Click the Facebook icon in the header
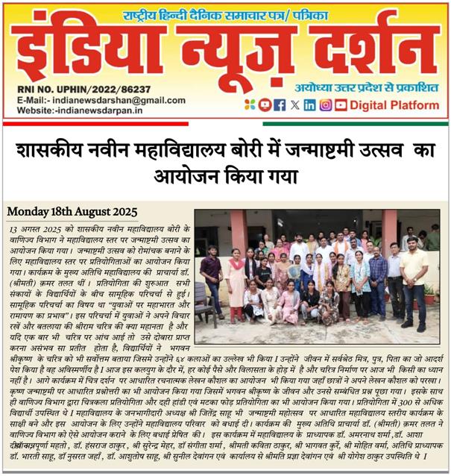(x=280, y=104)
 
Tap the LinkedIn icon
(x=309, y=104)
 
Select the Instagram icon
(x=325, y=104)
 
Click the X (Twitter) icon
(x=295, y=104)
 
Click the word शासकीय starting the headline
(x=48, y=151)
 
